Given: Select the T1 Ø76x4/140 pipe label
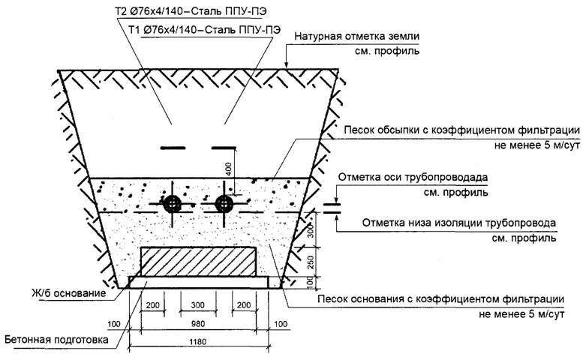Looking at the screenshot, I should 205,30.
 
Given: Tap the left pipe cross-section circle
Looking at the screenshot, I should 173,202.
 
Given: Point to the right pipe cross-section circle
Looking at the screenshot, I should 223,202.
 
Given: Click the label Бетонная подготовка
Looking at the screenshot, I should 55,340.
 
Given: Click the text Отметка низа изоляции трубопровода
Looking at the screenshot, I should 458,223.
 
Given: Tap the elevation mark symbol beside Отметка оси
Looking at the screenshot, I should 331,203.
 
